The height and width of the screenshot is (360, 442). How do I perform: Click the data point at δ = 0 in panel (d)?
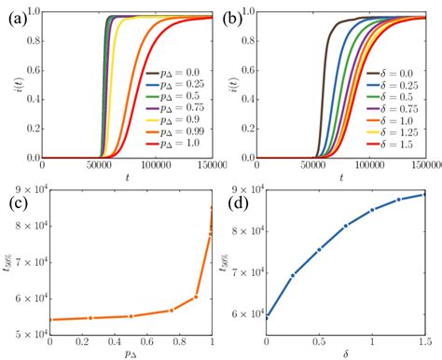[267, 317]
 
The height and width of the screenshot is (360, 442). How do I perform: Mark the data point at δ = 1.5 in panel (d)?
[425, 194]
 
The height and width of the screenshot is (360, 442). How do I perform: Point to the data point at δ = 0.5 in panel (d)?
[320, 249]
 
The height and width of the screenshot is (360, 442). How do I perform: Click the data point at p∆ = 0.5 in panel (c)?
[131, 316]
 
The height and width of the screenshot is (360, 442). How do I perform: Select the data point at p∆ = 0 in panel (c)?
[49, 320]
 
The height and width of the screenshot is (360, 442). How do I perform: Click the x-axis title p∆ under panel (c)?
[131, 353]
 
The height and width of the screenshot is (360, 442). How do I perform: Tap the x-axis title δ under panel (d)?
[346, 353]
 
